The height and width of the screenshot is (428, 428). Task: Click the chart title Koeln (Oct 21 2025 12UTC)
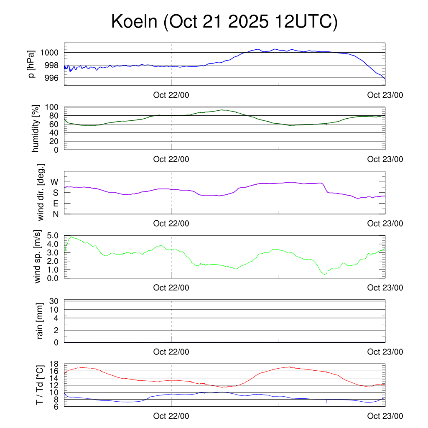coord(224,22)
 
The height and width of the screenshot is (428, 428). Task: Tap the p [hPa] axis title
coord(31,64)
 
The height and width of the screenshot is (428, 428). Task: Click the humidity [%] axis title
coord(36,128)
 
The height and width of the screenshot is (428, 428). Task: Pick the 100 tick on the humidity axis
coord(53,107)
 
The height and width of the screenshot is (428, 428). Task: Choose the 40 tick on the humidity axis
coord(54,133)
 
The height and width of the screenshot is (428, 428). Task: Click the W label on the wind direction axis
coord(54,182)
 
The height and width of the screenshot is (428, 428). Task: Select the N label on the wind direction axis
coord(55,214)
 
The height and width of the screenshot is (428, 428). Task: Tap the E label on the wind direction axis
coord(55,204)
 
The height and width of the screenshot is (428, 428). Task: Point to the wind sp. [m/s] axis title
coord(38,257)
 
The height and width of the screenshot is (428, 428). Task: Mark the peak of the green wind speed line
coord(71,237)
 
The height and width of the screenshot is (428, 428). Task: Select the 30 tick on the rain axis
coord(54,301)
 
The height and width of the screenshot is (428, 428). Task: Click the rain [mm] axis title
coord(40,321)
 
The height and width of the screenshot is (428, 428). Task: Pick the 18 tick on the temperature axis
coord(54,364)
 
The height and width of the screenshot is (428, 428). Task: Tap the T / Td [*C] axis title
coord(39,385)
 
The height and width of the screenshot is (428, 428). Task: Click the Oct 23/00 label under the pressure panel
coord(385,95)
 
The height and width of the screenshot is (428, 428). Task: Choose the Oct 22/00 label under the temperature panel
coord(171,416)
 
